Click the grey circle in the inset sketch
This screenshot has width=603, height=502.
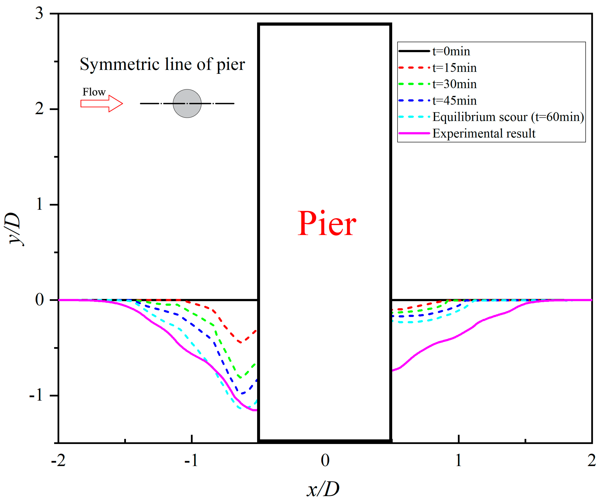coord(187,104)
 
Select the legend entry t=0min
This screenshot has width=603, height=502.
coord(451,51)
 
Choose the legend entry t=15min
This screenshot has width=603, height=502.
coord(454,68)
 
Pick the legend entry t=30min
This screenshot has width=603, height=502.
coord(454,84)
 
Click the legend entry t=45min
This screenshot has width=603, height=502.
coord(454,101)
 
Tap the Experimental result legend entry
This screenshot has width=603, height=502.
coord(484,133)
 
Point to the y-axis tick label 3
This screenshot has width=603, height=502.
coord(39,14)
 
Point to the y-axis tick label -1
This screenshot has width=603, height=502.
coord(36,395)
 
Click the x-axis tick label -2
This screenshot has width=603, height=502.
coord(58,460)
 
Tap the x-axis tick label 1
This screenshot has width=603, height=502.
coord(458,460)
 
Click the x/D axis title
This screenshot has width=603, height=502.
coord(323,489)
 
